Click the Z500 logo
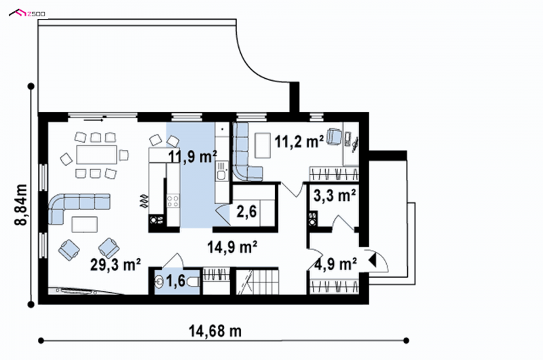[27, 13]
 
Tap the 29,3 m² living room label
[115, 265]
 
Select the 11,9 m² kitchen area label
[193, 157]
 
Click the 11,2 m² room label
[299, 141]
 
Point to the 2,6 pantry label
[246, 211]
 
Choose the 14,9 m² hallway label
[232, 247]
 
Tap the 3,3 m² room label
[335, 196]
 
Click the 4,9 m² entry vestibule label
[336, 264]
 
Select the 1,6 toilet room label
[176, 281]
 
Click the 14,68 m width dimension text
[215, 331]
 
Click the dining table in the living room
[96, 155]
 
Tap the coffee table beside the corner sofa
[84, 224]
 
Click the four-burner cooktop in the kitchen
[173, 201]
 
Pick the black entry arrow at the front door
[372, 260]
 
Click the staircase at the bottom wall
[257, 282]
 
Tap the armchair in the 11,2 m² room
[335, 136]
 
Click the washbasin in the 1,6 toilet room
[159, 281]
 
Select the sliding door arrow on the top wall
[94, 120]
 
